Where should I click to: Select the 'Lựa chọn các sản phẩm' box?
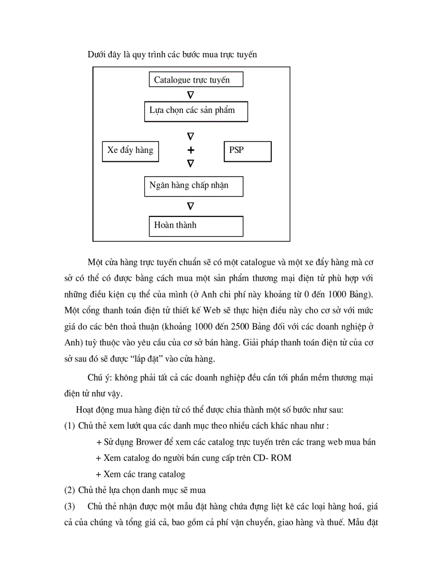pyautogui.click(x=196, y=111)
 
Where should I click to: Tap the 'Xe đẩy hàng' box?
pyautogui.click(x=130, y=151)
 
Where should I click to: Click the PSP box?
pyautogui.click(x=247, y=151)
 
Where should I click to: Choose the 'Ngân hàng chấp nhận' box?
pyautogui.click(x=193, y=186)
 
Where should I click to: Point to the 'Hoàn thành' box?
pyautogui.click(x=196, y=226)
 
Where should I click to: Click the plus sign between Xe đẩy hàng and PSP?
pyautogui.click(x=191, y=150)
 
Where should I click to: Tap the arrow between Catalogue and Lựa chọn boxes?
pyautogui.click(x=191, y=95)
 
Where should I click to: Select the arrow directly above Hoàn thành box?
pyautogui.click(x=191, y=206)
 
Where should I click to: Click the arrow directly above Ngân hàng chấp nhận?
pyautogui.click(x=191, y=164)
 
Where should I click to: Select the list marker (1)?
pyautogui.click(x=70, y=426)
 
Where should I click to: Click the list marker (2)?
pyautogui.click(x=70, y=490)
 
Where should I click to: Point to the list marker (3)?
pyautogui.click(x=70, y=506)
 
